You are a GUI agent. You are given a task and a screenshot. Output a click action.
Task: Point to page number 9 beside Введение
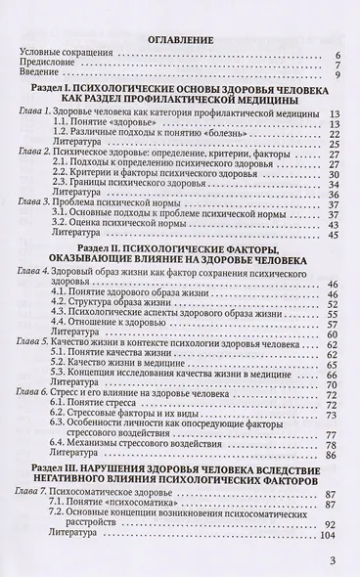(336, 80)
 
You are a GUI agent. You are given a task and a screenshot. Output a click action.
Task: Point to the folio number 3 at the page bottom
(334, 560)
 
